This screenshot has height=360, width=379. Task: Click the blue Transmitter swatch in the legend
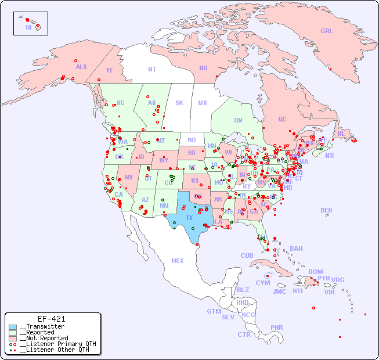click(13, 327)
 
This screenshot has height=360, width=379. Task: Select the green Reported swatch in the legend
click(13, 333)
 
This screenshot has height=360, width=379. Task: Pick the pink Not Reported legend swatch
click(13, 338)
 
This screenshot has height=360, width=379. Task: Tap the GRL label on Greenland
click(327, 31)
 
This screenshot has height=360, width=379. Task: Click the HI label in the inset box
click(28, 27)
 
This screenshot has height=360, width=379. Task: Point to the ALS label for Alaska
click(81, 67)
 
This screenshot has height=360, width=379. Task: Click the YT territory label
click(109, 70)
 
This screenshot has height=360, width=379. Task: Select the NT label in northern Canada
click(152, 69)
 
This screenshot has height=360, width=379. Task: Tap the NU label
click(203, 68)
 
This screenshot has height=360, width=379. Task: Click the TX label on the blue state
click(189, 218)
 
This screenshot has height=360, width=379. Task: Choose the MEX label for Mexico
click(178, 261)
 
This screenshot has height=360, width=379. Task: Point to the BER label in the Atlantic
click(327, 210)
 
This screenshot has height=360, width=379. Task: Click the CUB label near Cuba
click(247, 255)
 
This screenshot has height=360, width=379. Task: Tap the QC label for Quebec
click(282, 119)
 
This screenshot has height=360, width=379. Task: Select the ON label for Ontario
click(238, 120)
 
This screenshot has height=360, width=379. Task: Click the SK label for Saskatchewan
click(179, 103)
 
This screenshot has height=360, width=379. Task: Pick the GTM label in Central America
click(214, 311)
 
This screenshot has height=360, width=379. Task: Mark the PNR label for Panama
click(277, 327)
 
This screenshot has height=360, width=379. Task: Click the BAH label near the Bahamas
click(296, 249)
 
